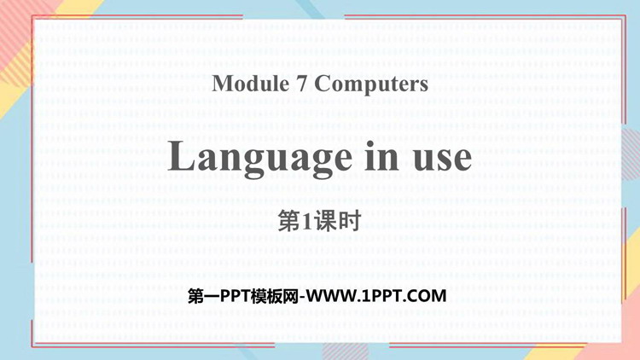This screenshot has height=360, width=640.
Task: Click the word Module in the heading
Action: [251, 84]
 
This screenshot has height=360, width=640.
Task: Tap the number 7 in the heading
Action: [301, 84]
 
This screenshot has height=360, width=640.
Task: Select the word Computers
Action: [371, 84]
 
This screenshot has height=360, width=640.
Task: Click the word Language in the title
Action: [259, 159]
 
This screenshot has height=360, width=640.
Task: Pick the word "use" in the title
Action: [442, 160]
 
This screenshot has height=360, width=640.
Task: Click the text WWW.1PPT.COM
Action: [376, 296]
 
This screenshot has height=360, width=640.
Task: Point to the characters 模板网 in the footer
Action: [275, 296]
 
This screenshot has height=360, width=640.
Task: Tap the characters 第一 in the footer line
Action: [204, 296]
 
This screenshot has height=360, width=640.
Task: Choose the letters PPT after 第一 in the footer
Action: [236, 296]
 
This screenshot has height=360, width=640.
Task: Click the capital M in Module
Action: [223, 84]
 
